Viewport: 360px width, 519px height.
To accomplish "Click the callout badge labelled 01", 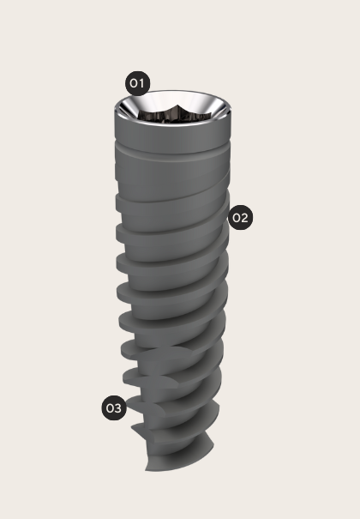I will click(137, 83).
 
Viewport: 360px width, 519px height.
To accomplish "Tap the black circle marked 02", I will click(239, 218).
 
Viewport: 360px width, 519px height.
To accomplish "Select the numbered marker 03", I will click(113, 407).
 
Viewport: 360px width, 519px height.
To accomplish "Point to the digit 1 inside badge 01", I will click(142, 83).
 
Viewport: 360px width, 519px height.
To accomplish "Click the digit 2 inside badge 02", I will click(244, 218).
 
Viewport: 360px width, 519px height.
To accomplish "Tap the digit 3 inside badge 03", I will click(118, 407).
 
